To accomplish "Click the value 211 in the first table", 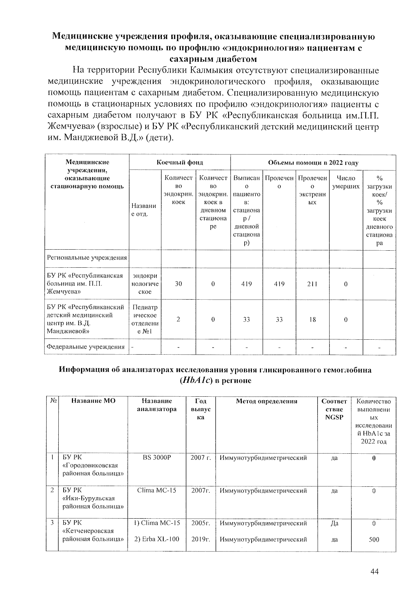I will pos(312,284).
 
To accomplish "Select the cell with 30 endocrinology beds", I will pos(178,284).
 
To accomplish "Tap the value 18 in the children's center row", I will pos(312,319).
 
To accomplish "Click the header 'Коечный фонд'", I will pos(179,162).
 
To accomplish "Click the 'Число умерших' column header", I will pos(345,183).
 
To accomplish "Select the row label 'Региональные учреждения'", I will pos(87,258).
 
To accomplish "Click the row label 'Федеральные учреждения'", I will pos(85,347).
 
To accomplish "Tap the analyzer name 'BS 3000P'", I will pos(157,458).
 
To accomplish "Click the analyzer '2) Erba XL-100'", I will pos(157,539).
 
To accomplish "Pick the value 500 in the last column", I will pos(374,540).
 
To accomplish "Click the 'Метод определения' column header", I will pos(267,401).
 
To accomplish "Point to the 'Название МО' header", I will pos(93,401).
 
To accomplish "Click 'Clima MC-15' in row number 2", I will pos(157,491).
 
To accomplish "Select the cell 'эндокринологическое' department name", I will pos(145,284).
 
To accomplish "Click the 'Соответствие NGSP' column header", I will pos(334,409).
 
